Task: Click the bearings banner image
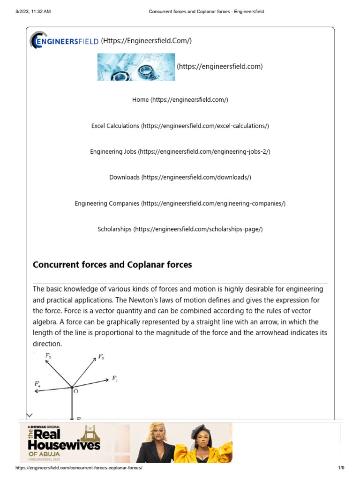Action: click(x=136, y=67)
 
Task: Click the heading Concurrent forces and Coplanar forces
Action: click(x=112, y=265)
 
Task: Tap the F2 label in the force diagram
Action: click(x=101, y=357)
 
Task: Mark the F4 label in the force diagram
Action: click(x=37, y=384)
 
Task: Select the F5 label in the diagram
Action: click(x=48, y=356)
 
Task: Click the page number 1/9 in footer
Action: click(x=341, y=468)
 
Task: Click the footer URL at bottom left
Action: click(x=79, y=468)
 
